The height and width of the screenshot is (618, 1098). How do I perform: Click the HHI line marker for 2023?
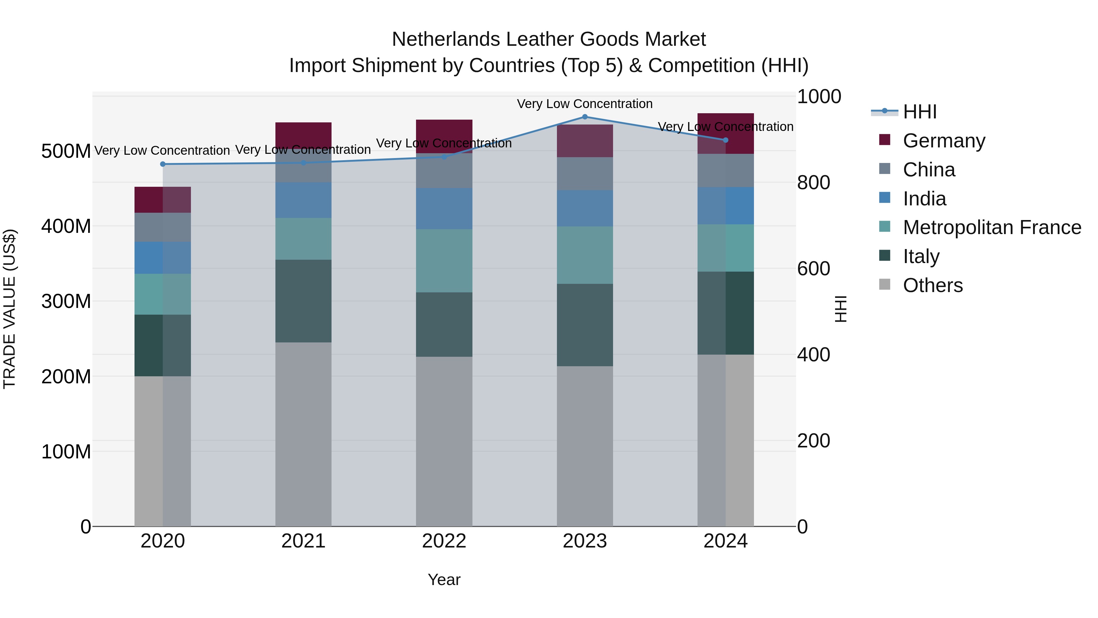(x=585, y=117)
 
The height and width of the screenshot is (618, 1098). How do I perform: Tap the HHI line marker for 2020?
(x=163, y=164)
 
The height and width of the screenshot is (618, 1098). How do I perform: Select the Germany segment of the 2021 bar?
(x=303, y=135)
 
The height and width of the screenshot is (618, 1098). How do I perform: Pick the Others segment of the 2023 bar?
(x=585, y=446)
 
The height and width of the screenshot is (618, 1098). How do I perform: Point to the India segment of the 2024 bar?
(x=726, y=206)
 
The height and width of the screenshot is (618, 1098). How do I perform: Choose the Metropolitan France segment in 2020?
(x=163, y=294)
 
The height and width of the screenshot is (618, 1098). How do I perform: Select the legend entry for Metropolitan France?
(x=992, y=227)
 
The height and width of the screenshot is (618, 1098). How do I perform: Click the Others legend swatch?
(x=885, y=284)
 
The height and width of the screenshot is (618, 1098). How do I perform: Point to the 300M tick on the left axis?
(x=66, y=302)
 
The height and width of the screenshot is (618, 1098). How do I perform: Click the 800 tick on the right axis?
(x=813, y=183)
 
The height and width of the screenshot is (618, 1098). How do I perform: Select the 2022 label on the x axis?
(x=444, y=541)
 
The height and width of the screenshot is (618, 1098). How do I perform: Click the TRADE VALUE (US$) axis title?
(x=9, y=309)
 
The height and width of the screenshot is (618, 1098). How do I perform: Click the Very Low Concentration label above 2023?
(x=585, y=104)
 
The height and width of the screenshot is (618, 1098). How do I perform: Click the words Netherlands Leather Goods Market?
(x=549, y=39)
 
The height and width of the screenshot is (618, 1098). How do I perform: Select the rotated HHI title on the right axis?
(x=840, y=309)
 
